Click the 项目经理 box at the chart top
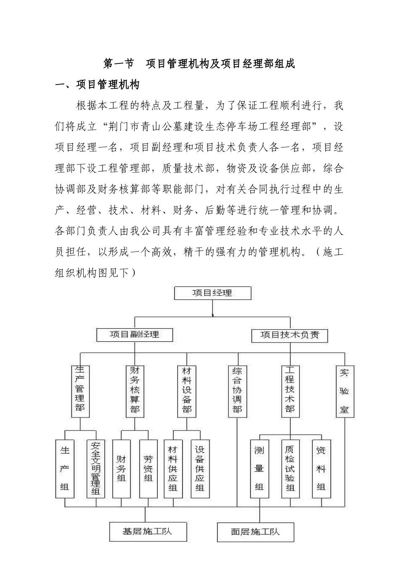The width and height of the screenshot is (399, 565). point(213,293)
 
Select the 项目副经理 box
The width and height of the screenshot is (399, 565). point(134,335)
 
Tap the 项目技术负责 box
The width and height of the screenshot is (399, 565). point(289,335)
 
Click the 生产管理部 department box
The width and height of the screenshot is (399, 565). point(80,391)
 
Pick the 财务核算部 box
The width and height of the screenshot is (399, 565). point(134,391)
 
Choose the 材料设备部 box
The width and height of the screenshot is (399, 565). point(186,391)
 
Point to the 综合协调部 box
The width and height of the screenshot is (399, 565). point(237,391)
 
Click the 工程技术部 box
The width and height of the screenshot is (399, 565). point(290,391)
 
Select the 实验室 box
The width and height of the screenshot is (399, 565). point(345,391)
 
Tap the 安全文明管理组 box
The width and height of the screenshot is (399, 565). point(96,469)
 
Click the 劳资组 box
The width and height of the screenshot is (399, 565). point(148,469)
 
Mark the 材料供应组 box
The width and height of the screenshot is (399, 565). point(173,469)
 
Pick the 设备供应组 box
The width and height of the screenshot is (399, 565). point(200,469)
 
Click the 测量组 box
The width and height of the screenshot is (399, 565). point(259,469)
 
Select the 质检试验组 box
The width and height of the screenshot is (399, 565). point(290,469)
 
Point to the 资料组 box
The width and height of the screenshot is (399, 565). point(321,469)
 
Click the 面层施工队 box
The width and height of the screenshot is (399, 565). point(255,532)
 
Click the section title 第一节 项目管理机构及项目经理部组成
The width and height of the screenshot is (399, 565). point(199,64)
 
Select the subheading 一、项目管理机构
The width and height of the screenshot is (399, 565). point(97,85)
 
